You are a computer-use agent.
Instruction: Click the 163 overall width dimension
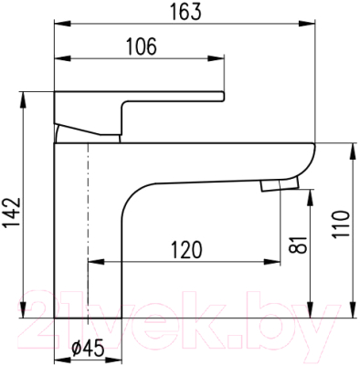[185, 13]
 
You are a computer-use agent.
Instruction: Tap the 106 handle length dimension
[141, 47]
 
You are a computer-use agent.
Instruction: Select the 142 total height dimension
[12, 213]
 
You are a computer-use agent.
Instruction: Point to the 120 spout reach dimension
[186, 250]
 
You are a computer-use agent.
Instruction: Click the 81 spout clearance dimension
[298, 245]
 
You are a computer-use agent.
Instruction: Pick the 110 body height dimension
[340, 224]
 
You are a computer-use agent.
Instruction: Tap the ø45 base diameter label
[88, 348]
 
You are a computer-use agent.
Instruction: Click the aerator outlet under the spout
[280, 185]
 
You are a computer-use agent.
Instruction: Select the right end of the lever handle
[223, 96]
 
